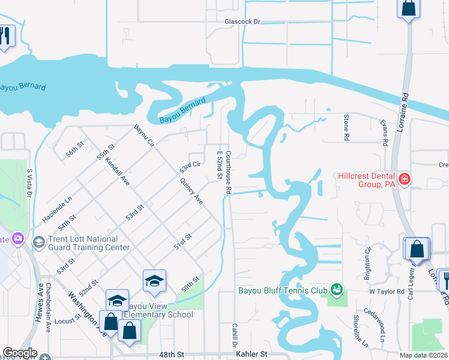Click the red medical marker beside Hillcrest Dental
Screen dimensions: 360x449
point(405,179)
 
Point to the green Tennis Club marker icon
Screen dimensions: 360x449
point(336,291)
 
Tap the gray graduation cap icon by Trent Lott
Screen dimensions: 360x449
point(39,242)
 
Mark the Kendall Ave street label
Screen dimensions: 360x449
point(118,170)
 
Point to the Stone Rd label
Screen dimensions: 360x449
point(346,127)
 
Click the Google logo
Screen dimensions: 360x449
point(19,353)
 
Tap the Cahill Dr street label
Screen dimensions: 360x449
point(234,333)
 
